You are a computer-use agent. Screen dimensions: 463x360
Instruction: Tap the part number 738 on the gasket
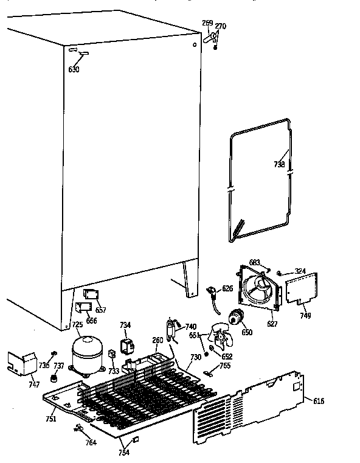point(279,164)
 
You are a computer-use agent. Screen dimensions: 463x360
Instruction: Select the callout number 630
point(74,69)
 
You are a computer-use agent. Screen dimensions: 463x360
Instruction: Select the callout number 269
point(207,24)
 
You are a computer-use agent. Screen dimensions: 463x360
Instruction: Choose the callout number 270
point(221,26)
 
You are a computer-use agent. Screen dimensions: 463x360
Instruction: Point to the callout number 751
point(51,419)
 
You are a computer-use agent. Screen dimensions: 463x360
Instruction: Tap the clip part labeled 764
point(78,430)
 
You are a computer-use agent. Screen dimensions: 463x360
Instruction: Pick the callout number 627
point(272,324)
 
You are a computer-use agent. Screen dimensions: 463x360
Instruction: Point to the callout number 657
point(100,310)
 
